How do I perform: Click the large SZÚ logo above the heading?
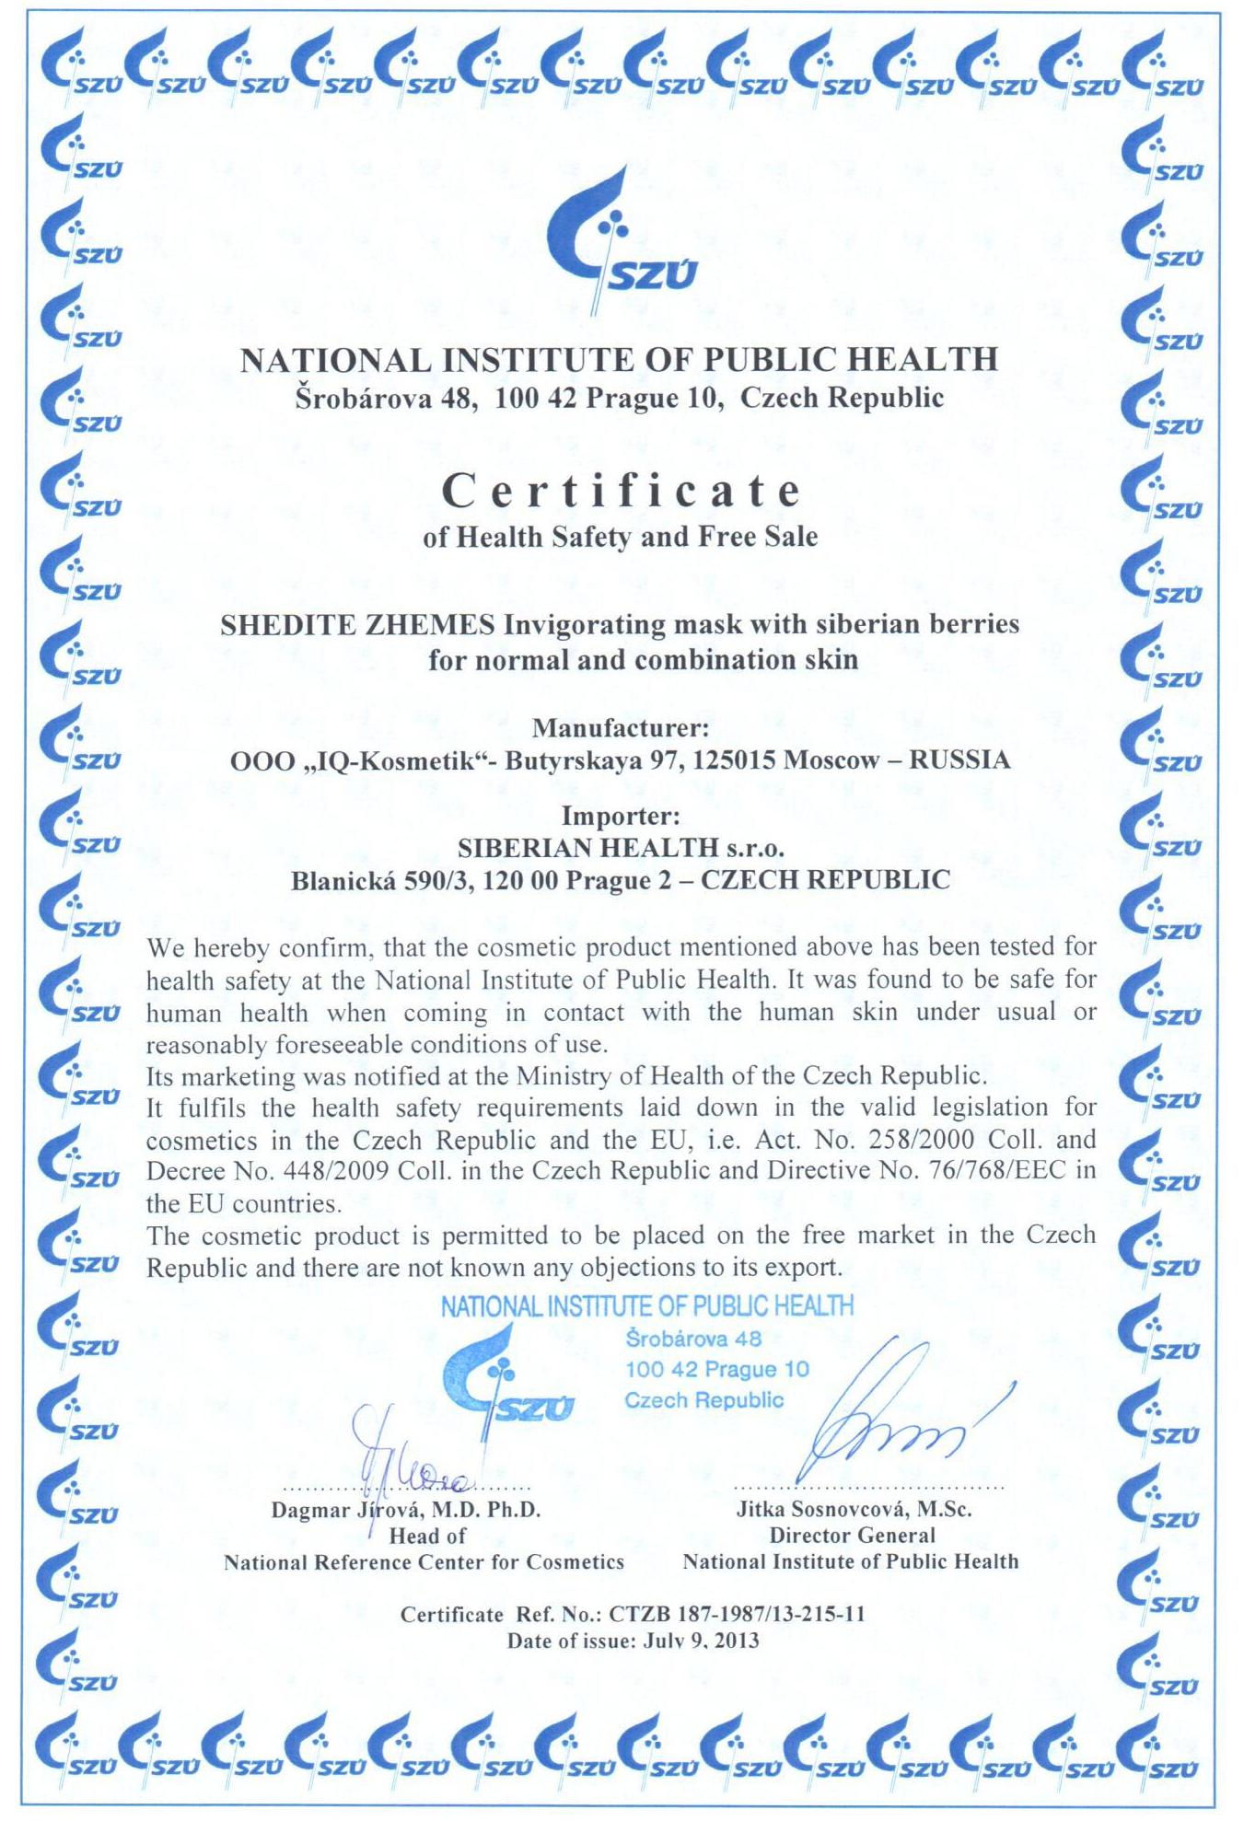[619, 241]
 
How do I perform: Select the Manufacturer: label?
[621, 728]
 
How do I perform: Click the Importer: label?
[621, 816]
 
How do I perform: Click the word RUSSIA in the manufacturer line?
[959, 760]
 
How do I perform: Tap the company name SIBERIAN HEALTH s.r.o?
[621, 848]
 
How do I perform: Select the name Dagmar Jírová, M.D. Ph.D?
[405, 1511]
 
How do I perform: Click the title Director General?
[852, 1536]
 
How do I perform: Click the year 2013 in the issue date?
[737, 1641]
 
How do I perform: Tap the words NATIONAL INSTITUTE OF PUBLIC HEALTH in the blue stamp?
[646, 1306]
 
